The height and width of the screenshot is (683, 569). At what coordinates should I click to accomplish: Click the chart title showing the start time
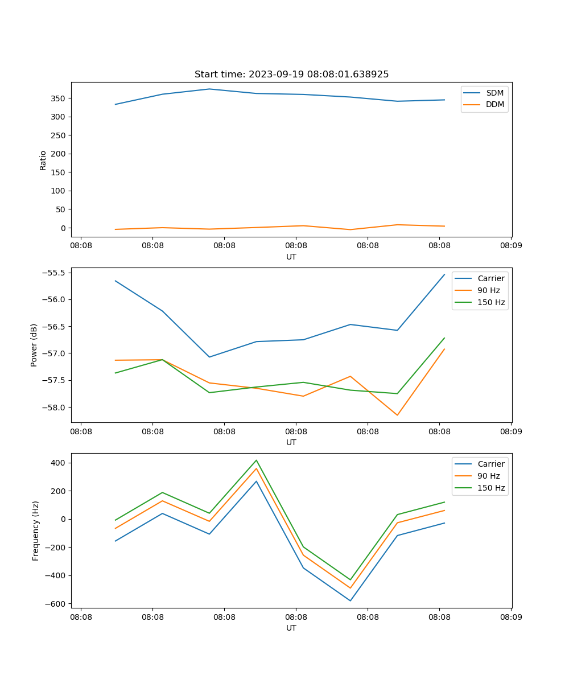coord(291,75)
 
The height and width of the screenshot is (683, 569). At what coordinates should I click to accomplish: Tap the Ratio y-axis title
coord(43,160)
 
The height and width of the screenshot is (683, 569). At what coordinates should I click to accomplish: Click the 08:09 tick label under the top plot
coord(510,246)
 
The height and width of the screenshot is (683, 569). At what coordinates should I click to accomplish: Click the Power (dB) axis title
coord(34,345)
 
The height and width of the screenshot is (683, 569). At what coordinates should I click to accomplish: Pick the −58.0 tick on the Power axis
coord(53,408)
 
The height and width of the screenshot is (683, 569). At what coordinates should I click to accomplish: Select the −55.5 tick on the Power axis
coord(53,273)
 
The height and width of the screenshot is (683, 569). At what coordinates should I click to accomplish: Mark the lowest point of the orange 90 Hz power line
coord(397,415)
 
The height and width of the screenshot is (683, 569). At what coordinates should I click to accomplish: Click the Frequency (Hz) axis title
coord(36,530)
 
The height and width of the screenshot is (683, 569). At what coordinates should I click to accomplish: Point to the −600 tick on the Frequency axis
coord(55,604)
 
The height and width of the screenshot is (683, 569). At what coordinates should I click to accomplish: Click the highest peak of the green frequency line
coord(256,460)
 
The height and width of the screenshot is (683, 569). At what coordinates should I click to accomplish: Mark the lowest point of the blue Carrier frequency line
coord(350,600)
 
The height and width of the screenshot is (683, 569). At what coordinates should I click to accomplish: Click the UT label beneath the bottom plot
coord(291,628)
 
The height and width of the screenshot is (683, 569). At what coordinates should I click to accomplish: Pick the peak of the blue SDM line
coord(209,89)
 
